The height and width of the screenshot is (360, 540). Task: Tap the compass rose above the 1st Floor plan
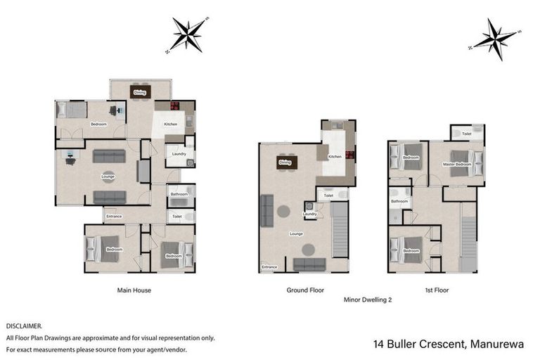pyautogui.click(x=494, y=39)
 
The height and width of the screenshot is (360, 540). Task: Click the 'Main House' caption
pyautogui.click(x=134, y=290)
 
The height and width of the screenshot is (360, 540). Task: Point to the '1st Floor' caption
pyautogui.click(x=437, y=290)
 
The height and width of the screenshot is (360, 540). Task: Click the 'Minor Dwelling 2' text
pyautogui.click(x=367, y=300)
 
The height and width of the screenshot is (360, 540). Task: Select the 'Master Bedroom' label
pyautogui.click(x=456, y=165)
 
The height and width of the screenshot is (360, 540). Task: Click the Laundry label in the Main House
pyautogui.click(x=178, y=153)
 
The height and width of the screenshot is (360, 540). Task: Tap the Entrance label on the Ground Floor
pyautogui.click(x=269, y=267)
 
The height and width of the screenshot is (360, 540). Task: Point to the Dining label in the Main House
pyautogui.click(x=140, y=92)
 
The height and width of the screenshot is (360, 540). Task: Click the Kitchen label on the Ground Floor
pyautogui.click(x=335, y=156)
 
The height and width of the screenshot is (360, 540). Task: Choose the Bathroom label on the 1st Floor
pyautogui.click(x=399, y=202)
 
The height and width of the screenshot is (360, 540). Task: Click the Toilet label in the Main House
pyautogui.click(x=176, y=217)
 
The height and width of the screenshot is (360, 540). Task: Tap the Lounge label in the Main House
pyautogui.click(x=108, y=176)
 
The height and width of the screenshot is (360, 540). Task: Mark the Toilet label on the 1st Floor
pyautogui.click(x=466, y=133)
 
